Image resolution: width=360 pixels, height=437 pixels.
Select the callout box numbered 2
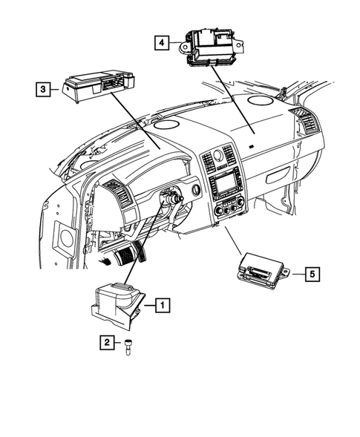click(107, 343)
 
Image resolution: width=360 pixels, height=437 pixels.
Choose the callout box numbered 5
click(312, 274)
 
